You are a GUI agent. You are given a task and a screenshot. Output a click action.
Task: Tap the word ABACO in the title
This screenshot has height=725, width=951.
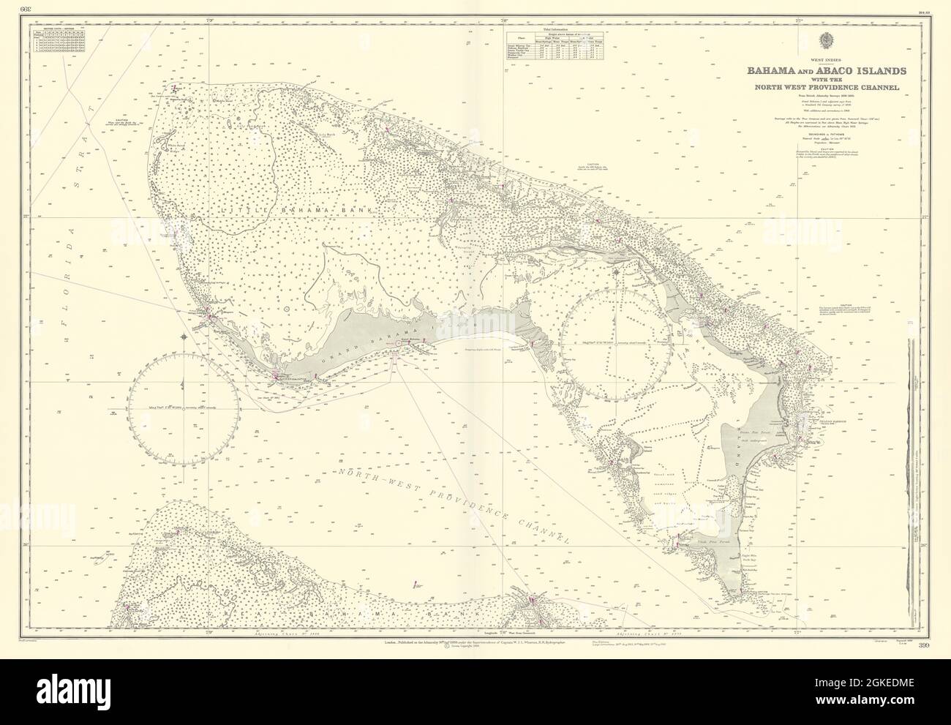831,71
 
